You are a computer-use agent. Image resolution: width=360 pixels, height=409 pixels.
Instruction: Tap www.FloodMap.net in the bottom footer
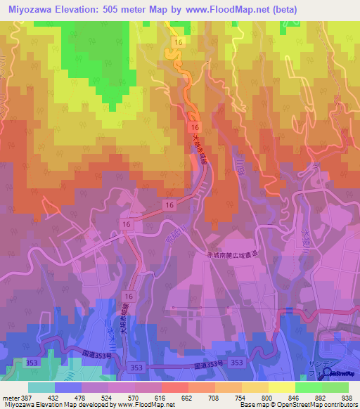coord(143,404)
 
